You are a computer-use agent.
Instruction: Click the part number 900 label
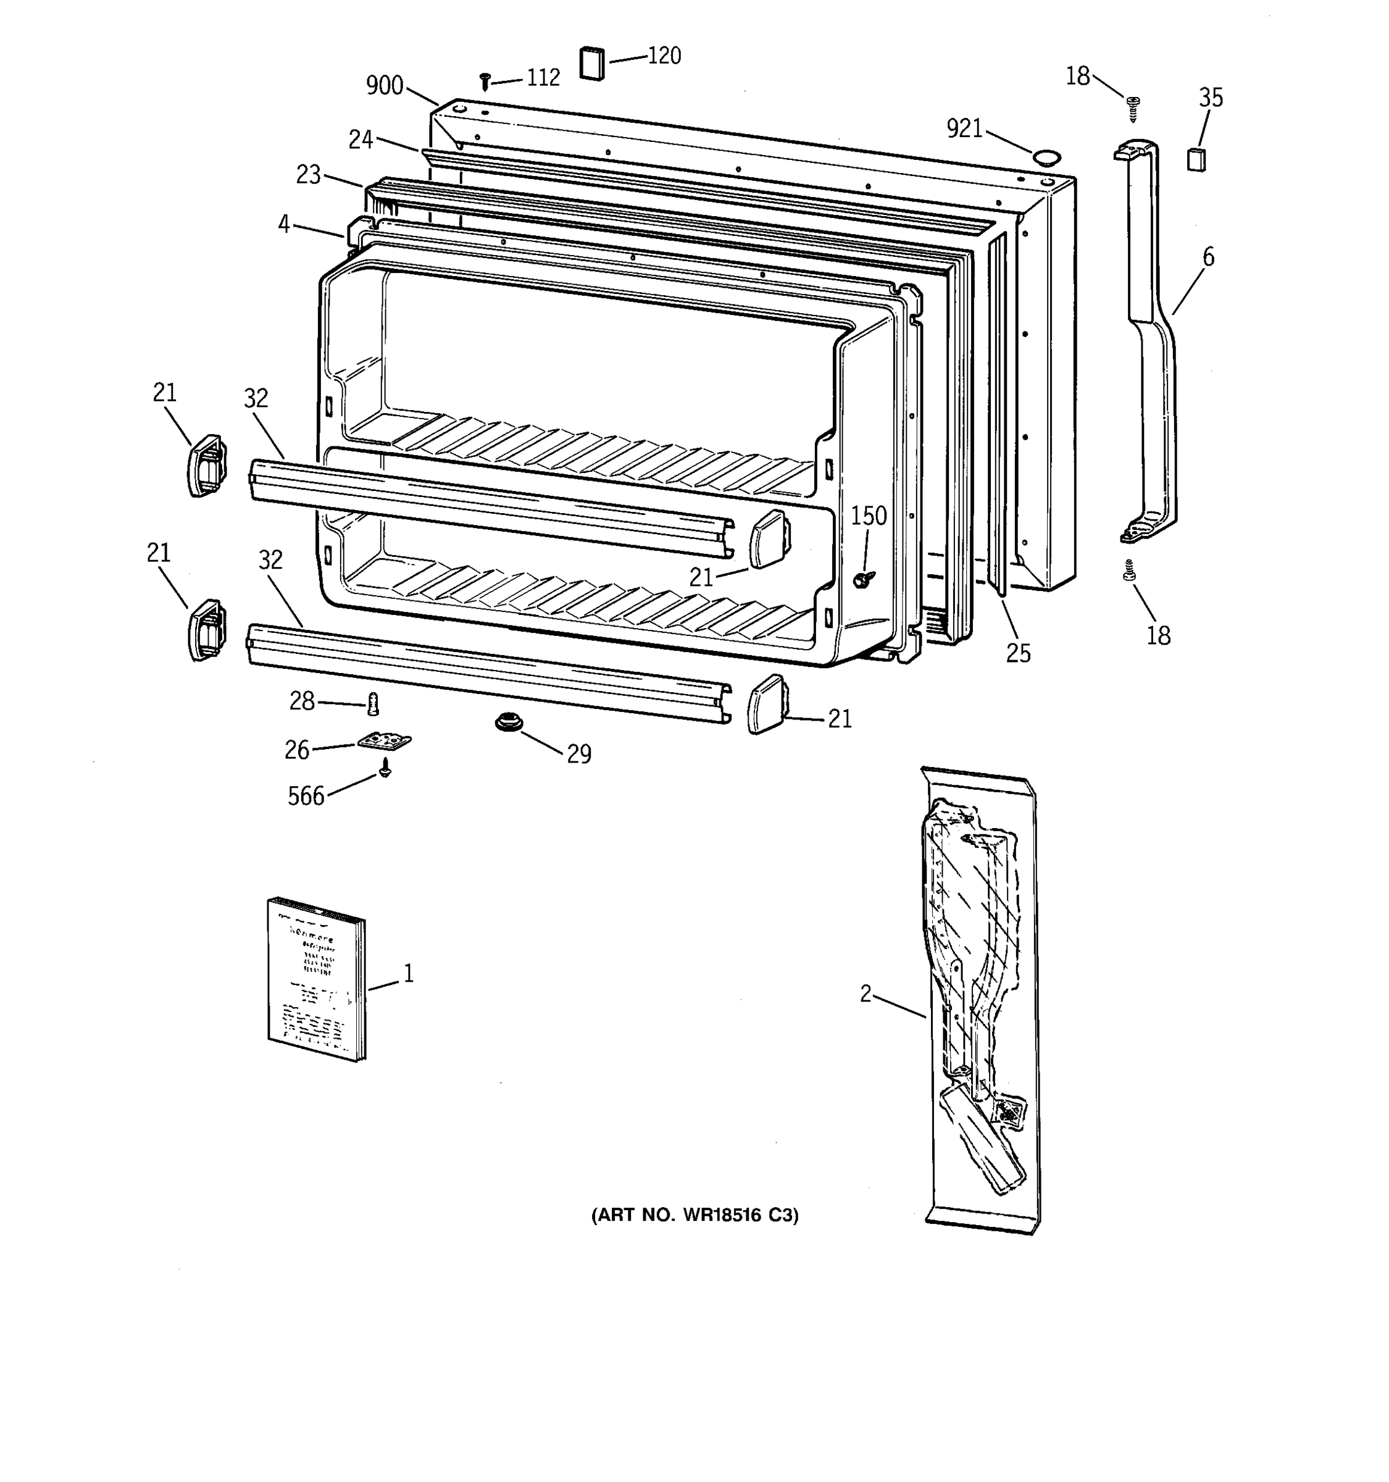pos(385,86)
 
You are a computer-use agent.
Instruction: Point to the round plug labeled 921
pos(1045,157)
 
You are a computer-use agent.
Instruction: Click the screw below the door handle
pos(1129,572)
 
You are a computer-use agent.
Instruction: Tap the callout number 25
pos(1018,653)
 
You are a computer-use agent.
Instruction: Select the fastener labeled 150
pos(863,578)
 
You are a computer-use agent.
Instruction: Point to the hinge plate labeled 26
pos(385,741)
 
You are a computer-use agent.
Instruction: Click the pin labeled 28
pos(373,703)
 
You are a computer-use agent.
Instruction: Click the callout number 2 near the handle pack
pos(865,994)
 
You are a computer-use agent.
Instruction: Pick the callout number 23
pos(309,175)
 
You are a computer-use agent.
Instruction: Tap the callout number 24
pos(361,140)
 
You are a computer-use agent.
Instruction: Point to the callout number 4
pos(284,224)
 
